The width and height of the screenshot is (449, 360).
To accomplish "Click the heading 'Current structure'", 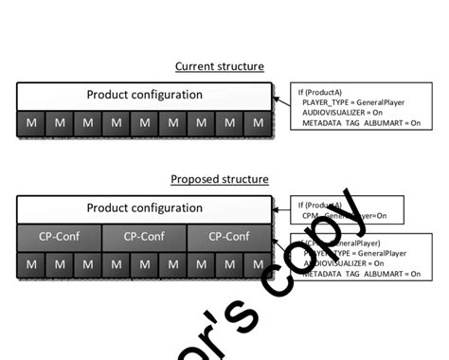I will click(220, 66).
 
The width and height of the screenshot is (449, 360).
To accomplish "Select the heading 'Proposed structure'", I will click(220, 179).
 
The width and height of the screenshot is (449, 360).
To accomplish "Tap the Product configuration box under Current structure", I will click(144, 95).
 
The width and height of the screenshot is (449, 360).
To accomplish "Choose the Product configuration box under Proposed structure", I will click(144, 207).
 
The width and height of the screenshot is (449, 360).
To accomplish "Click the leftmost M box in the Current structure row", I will click(31, 123).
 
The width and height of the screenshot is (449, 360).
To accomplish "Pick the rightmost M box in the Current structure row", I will click(258, 123).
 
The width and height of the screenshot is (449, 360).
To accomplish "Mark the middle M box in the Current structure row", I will click(144, 123).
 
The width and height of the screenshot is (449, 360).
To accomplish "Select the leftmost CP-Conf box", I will click(59, 236).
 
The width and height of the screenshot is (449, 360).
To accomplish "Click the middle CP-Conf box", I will click(144, 236).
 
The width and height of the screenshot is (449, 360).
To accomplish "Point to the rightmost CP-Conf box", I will click(229, 236).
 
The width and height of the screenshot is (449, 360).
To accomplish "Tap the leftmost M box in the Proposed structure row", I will click(31, 264).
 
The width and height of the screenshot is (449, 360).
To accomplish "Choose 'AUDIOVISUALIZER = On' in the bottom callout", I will click(349, 262).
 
